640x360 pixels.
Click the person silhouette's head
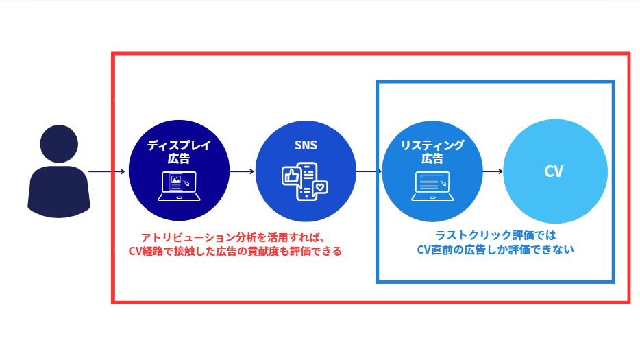point(59,145)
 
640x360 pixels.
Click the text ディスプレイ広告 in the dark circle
point(179,152)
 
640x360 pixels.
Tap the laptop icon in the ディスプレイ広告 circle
point(179,186)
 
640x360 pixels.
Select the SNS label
point(306,146)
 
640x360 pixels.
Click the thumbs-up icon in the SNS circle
point(291,176)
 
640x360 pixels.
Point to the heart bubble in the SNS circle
point(320,187)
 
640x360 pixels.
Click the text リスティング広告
point(432,152)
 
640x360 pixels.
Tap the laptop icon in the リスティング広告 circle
point(432,186)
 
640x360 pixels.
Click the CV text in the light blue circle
point(554,171)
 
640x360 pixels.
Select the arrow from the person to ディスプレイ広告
point(108,171)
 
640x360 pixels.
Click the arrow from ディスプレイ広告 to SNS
point(242,171)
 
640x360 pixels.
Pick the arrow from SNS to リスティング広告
point(369,171)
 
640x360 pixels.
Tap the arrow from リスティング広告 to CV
point(493,171)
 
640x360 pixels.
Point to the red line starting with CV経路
point(235,251)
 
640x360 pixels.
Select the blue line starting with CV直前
point(495,250)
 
